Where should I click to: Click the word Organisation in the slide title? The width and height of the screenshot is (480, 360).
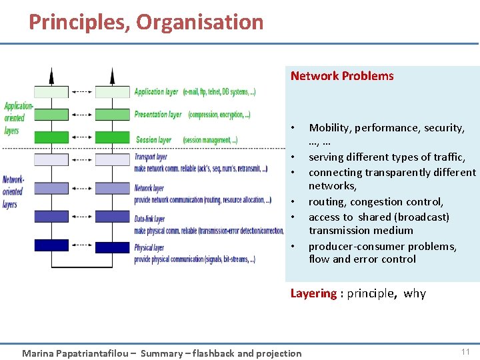pyautogui.click(x=200, y=22)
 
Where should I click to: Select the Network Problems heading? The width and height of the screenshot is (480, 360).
pyautogui.click(x=342, y=76)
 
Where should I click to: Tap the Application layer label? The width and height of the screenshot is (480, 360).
pyautogui.click(x=156, y=92)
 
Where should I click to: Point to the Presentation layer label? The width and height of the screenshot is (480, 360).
pyautogui.click(x=158, y=115)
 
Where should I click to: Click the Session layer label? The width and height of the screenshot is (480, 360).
pyautogui.click(x=153, y=140)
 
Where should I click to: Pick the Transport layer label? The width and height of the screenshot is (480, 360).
pyautogui.click(x=151, y=157)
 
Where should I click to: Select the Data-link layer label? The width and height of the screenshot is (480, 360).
pyautogui.click(x=149, y=219)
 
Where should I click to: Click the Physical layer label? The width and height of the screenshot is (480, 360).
pyautogui.click(x=149, y=248)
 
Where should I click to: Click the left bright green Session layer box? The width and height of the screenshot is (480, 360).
pyautogui.click(x=51, y=137)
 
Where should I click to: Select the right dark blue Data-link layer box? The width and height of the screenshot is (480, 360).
pyautogui.click(x=112, y=216)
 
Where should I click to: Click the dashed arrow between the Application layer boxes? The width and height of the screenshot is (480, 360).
pyautogui.click(x=81, y=92)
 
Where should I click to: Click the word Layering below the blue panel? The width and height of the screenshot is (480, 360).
pyautogui.click(x=313, y=293)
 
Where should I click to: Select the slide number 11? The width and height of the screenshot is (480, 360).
pyautogui.click(x=465, y=351)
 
